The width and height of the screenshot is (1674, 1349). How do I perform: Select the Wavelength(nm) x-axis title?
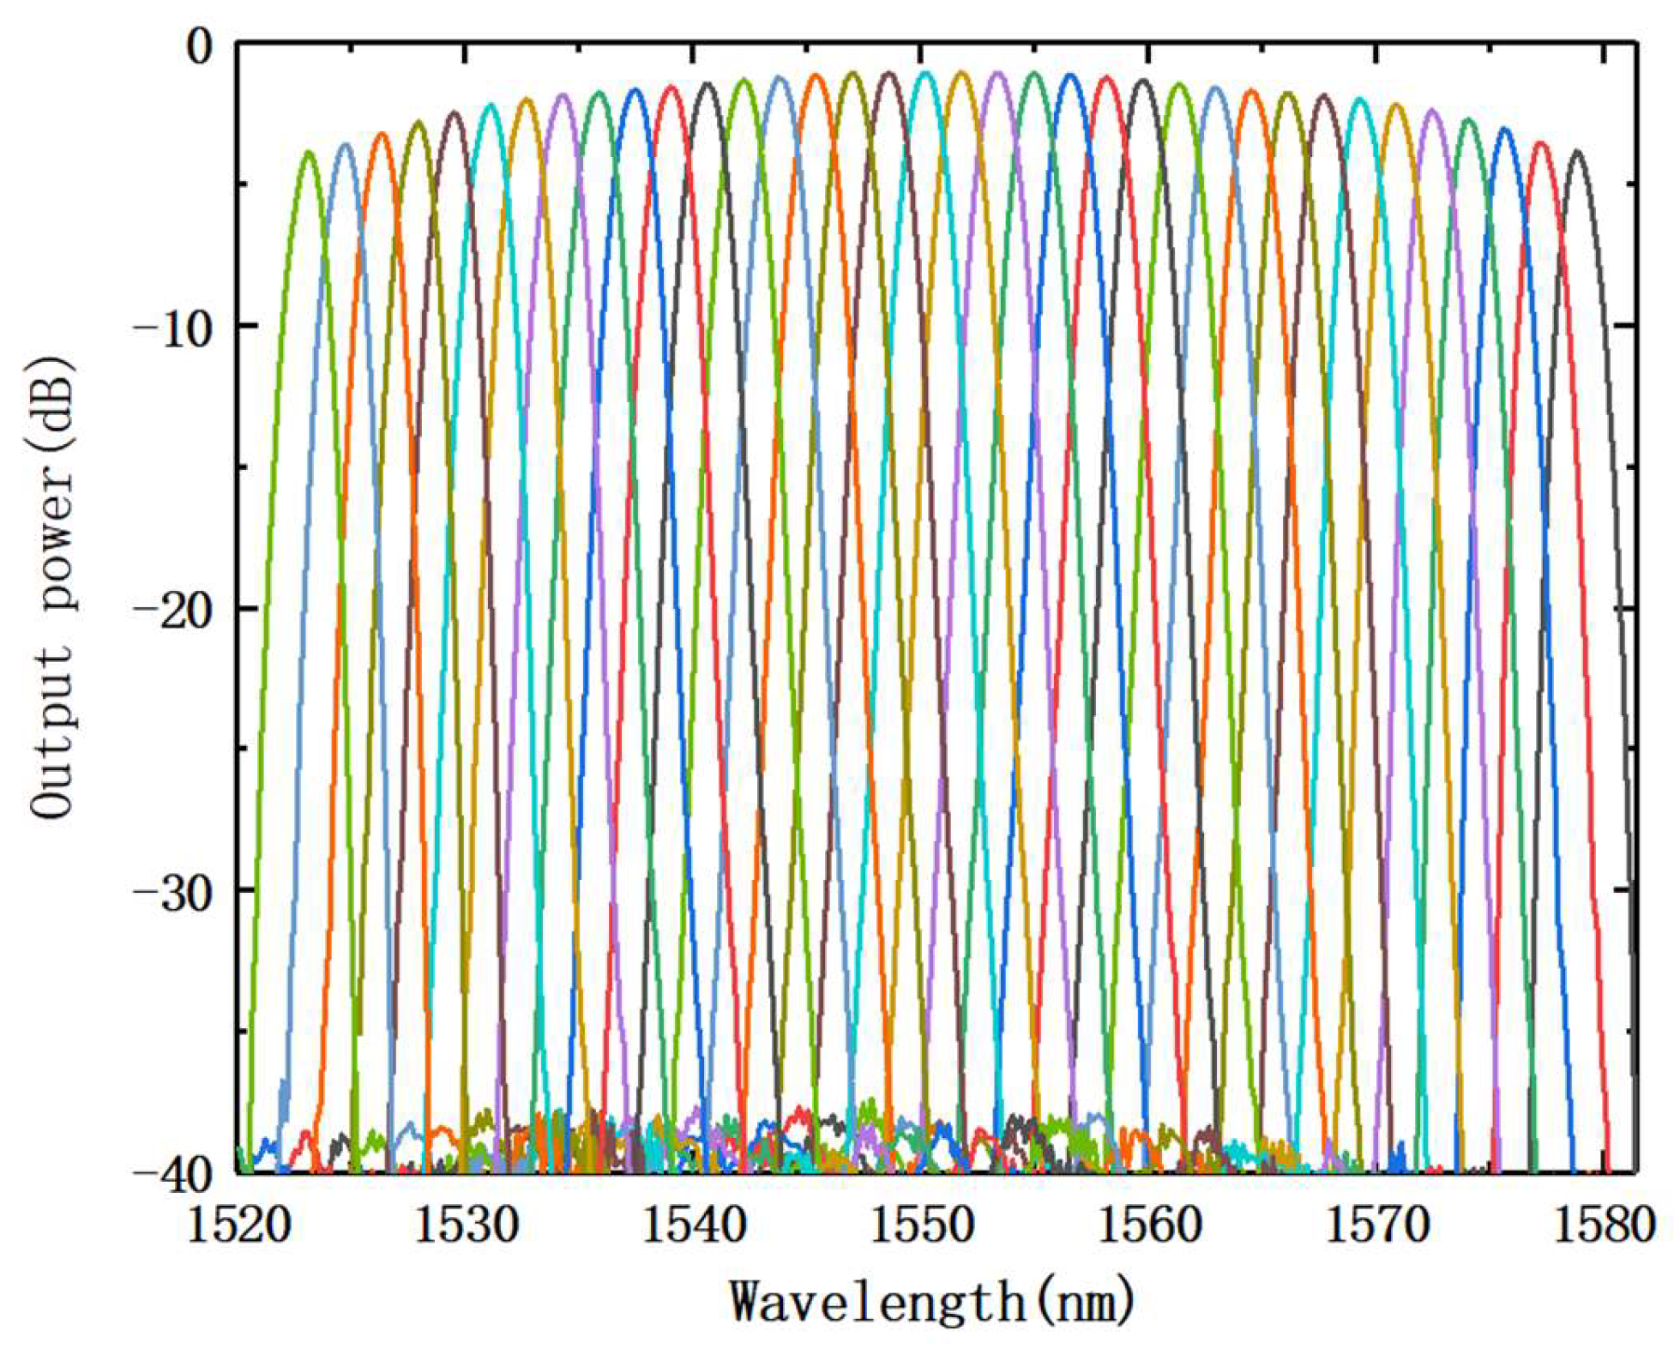click(x=932, y=1301)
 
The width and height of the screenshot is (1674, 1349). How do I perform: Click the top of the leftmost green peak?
click(x=308, y=152)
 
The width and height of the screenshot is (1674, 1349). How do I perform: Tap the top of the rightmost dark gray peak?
click(x=1576, y=151)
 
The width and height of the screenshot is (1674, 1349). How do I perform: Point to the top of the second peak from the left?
click(x=346, y=144)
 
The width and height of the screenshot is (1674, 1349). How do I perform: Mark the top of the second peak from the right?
click(x=1541, y=143)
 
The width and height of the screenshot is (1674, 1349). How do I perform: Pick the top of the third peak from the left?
click(x=382, y=134)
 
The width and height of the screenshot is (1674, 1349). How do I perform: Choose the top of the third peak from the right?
click(x=1504, y=129)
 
